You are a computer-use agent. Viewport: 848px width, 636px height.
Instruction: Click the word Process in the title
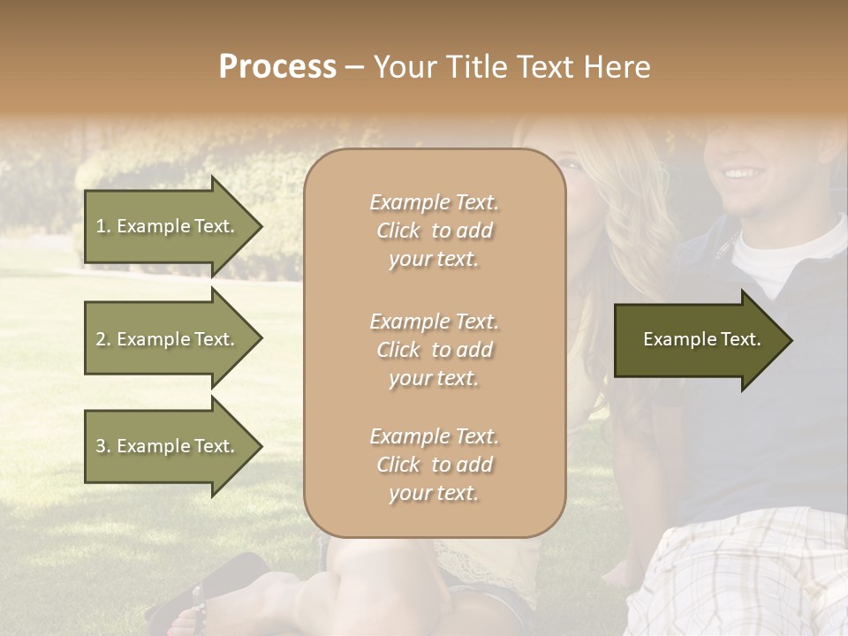click(277, 67)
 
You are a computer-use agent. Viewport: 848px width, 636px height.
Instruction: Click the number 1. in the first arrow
click(103, 226)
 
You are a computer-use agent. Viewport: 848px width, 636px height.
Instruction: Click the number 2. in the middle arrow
click(103, 339)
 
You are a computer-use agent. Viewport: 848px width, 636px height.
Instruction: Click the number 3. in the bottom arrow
click(103, 446)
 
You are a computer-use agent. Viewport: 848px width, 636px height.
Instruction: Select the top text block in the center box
click(434, 231)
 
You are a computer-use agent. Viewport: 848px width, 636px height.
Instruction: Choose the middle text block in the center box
click(434, 350)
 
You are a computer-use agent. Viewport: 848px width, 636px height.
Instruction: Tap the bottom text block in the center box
click(434, 465)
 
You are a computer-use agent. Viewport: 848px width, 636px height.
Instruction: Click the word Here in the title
click(617, 67)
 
